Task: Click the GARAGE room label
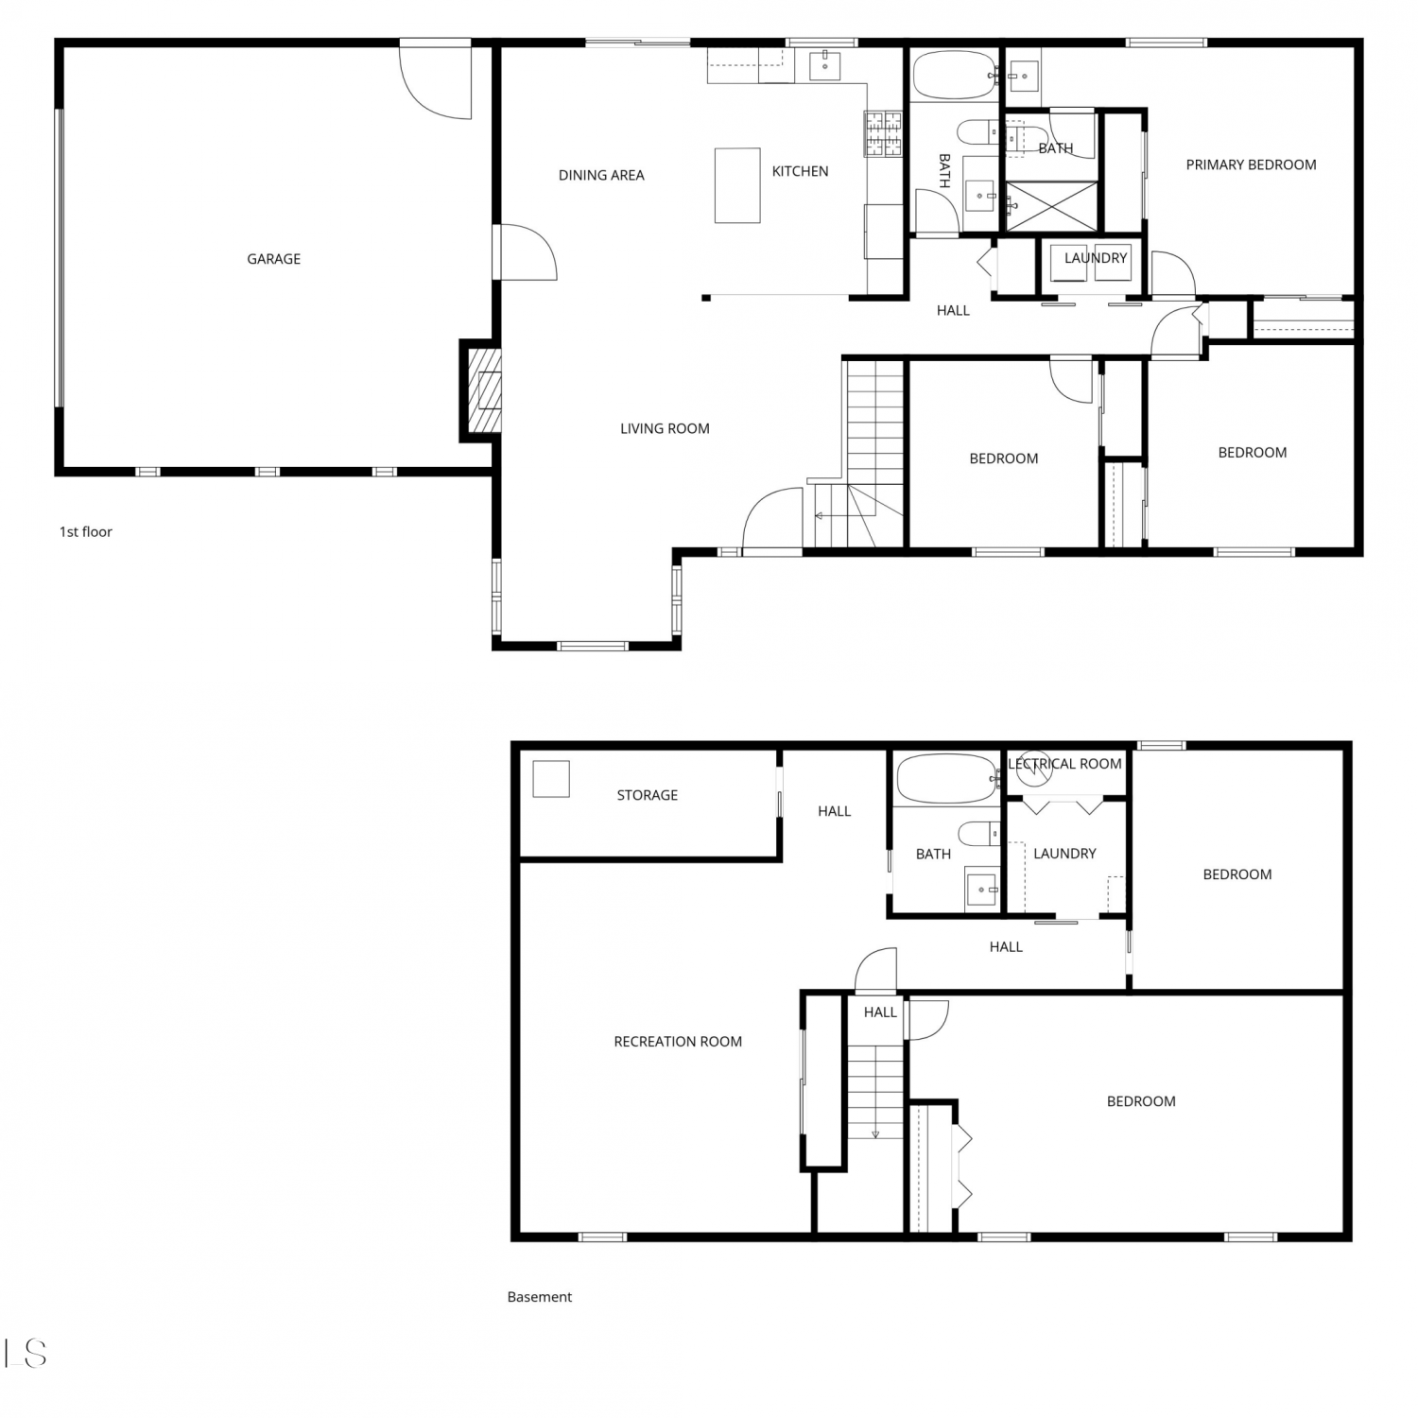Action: click(x=273, y=259)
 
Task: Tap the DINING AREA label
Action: click(x=601, y=175)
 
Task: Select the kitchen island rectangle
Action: click(x=737, y=185)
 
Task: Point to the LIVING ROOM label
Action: click(x=665, y=428)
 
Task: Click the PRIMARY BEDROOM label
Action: click(x=1251, y=164)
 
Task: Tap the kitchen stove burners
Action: click(x=883, y=133)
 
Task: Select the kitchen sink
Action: click(x=825, y=65)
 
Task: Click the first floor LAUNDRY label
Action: click(x=1096, y=258)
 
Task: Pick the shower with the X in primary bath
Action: click(x=1051, y=206)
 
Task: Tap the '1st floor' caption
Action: click(x=86, y=531)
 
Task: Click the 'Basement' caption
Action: click(x=540, y=1297)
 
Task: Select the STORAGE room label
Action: click(x=648, y=795)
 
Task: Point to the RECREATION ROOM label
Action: click(x=678, y=1042)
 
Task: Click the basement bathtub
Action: click(x=946, y=779)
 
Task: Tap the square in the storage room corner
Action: click(x=551, y=779)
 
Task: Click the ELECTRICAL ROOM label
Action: click(x=1064, y=764)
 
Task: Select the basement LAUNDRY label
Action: click(x=1064, y=854)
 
